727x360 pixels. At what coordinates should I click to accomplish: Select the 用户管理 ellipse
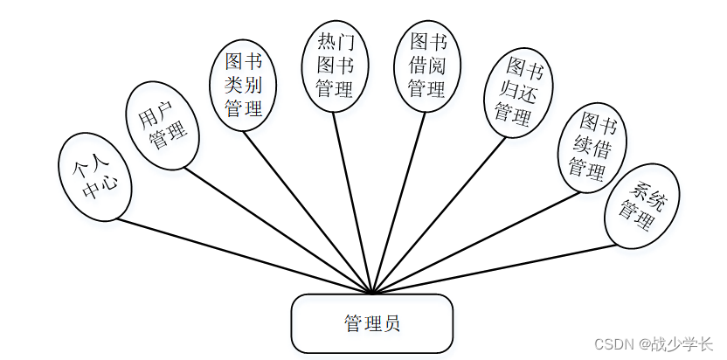point(164,126)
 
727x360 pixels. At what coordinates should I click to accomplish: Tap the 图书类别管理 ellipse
point(245,85)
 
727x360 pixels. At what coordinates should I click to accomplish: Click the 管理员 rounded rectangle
point(372,323)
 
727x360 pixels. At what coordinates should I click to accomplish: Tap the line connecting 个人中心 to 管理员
point(245,255)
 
